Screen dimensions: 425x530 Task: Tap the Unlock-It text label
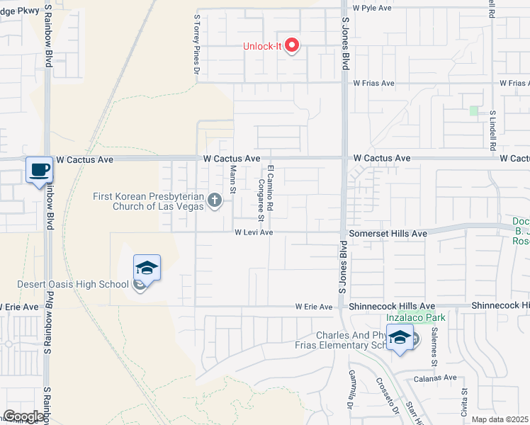tap(262, 47)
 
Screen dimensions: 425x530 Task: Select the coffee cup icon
tap(40, 170)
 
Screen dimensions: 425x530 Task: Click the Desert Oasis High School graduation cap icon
tap(147, 268)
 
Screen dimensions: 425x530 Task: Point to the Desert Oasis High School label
tap(73, 284)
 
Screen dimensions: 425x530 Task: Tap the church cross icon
tap(215, 202)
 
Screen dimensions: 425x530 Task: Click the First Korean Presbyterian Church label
tap(148, 201)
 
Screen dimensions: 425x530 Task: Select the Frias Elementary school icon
tap(400, 337)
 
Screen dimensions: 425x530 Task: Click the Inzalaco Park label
tap(416, 317)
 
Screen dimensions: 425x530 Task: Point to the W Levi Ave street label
tap(254, 232)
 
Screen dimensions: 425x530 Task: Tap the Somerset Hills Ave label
tap(388, 233)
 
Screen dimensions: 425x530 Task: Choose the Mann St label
tap(232, 178)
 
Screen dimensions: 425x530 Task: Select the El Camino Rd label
tap(270, 187)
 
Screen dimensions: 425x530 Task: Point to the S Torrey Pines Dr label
tap(198, 45)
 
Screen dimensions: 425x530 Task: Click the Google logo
tap(24, 416)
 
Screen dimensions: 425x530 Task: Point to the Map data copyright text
tap(500, 419)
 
